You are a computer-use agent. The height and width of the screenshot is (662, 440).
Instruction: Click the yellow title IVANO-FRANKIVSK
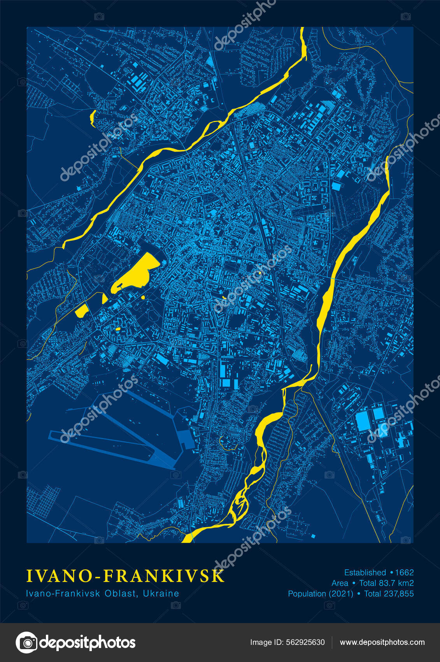(x=125, y=576)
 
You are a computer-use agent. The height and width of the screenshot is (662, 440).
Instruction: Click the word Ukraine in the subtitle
(x=161, y=593)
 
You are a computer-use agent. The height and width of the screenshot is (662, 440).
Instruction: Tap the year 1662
(x=404, y=572)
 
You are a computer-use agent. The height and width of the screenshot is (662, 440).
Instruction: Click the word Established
(x=365, y=572)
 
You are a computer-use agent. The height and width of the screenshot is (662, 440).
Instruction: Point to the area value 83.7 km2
(x=396, y=583)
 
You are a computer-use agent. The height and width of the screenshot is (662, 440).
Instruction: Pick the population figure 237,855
(x=399, y=593)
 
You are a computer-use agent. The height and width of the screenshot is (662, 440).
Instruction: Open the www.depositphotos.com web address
(x=382, y=642)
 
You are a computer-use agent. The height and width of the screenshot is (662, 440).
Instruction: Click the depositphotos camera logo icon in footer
(x=26, y=643)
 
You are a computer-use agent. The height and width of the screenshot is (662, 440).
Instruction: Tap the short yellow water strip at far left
(x=93, y=118)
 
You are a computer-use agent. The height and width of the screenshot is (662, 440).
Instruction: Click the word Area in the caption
(x=340, y=583)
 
